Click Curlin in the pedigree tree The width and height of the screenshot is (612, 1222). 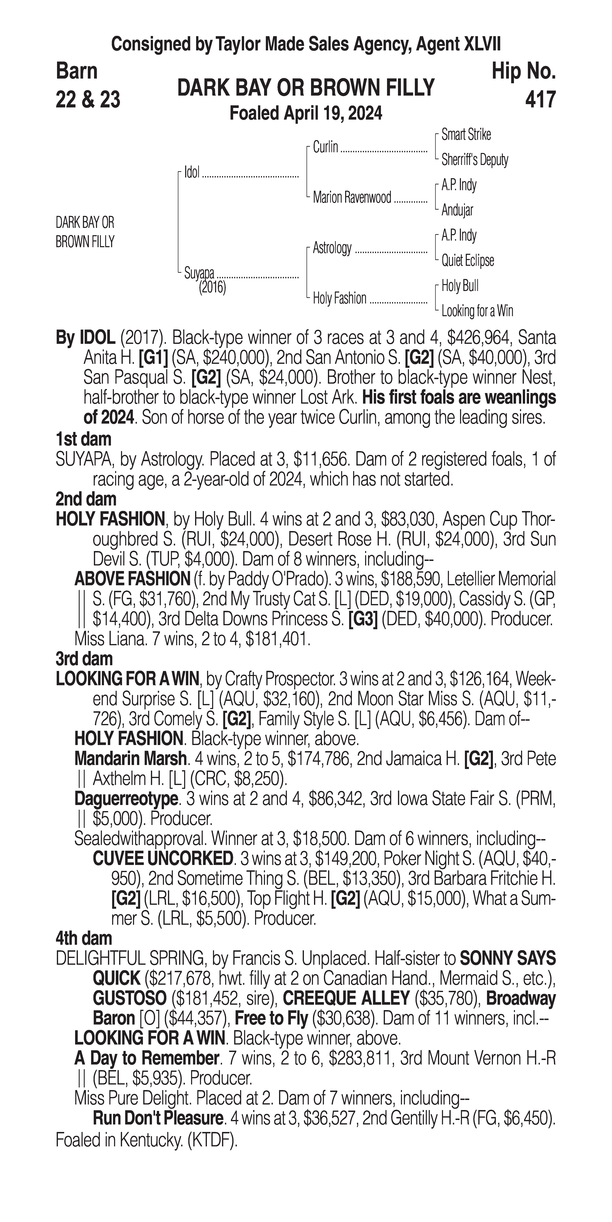[x=325, y=148]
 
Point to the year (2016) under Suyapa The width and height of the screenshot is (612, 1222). [x=212, y=288]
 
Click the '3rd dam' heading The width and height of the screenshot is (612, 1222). [x=84, y=659]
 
